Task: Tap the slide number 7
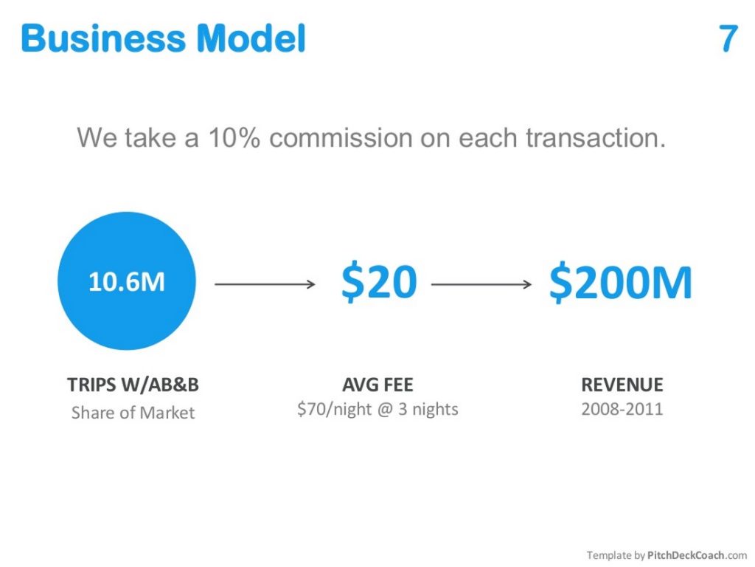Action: pyautogui.click(x=728, y=38)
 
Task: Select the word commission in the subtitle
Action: pyautogui.click(x=359, y=138)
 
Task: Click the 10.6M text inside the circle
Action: pyautogui.click(x=127, y=282)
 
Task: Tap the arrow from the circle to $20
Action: pyautogui.click(x=265, y=283)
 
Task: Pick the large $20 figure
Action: pyautogui.click(x=378, y=283)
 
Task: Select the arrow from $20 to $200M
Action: pyautogui.click(x=481, y=283)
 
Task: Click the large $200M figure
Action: pyautogui.click(x=621, y=283)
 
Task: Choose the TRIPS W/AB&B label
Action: pyautogui.click(x=133, y=385)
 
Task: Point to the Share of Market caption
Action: pyautogui.click(x=133, y=413)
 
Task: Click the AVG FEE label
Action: pyautogui.click(x=377, y=385)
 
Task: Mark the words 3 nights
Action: pyautogui.click(x=428, y=409)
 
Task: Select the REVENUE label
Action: pyautogui.click(x=622, y=385)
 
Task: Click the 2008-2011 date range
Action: pyautogui.click(x=622, y=409)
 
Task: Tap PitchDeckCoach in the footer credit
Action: pyautogui.click(x=686, y=555)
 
